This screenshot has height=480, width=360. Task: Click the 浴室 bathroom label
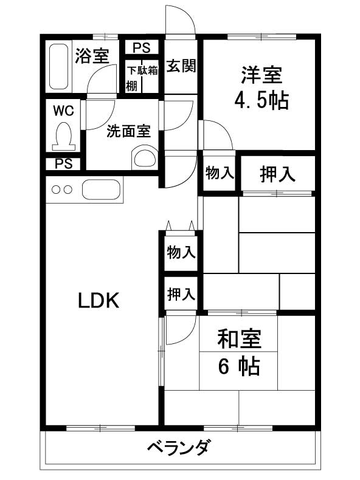(92, 56)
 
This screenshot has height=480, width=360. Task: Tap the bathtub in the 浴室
(58, 66)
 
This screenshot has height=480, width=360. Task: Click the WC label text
(63, 111)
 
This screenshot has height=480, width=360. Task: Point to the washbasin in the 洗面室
(145, 159)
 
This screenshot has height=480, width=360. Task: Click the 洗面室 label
(129, 131)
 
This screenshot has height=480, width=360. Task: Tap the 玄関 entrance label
(181, 66)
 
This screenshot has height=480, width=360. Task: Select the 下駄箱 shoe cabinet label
(142, 70)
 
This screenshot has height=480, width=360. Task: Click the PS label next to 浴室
(142, 48)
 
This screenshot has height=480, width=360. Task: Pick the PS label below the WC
(64, 164)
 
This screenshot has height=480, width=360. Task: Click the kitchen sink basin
(101, 190)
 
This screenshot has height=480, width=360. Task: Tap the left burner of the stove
(56, 190)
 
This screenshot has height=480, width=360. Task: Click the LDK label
(99, 300)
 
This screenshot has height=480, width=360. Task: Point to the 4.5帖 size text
(261, 100)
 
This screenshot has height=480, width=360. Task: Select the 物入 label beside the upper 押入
(220, 173)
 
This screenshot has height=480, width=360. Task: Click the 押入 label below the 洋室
(277, 174)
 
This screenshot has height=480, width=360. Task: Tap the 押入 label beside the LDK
(181, 294)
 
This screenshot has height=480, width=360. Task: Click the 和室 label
(239, 339)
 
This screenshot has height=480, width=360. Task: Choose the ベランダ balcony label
(179, 448)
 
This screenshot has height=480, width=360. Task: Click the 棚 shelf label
(132, 86)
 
